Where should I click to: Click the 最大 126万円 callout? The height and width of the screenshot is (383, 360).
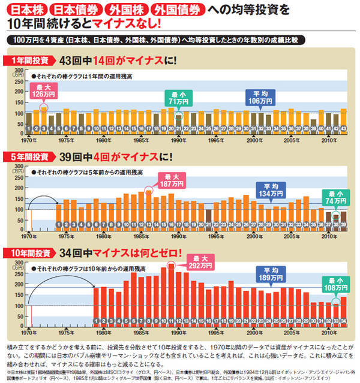coord(44,91)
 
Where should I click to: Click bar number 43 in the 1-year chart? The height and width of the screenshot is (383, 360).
coord(343,128)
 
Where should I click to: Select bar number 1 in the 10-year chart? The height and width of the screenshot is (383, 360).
coord(97,320)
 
